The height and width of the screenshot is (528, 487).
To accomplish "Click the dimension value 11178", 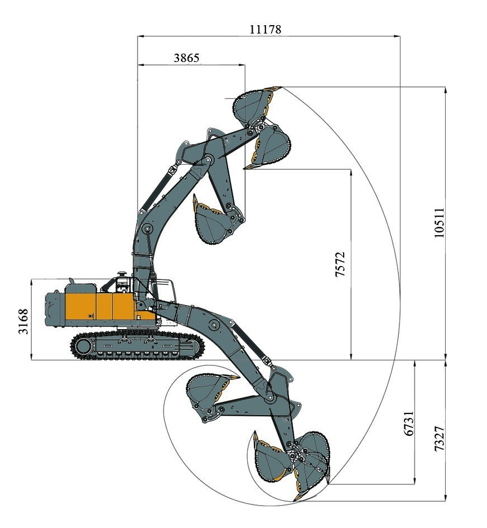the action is coord(265,29).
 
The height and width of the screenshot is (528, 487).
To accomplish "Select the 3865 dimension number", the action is coord(186,58).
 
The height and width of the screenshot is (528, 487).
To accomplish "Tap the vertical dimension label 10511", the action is coord(439,222).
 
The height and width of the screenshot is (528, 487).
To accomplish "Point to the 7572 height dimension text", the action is coord(340,264).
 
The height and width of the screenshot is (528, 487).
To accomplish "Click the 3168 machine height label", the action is coord(23,322).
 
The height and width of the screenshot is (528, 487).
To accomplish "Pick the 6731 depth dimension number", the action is coord(409,424).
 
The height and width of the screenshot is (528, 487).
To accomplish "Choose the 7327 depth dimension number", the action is coord(439,439).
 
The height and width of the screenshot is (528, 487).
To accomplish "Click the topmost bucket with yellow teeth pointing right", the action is coord(255,105).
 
